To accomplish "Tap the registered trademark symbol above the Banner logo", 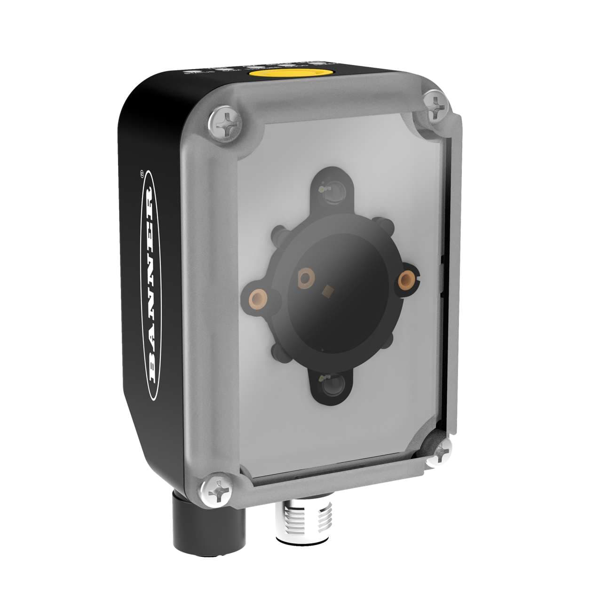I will [142, 173].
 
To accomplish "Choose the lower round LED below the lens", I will [333, 387].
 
